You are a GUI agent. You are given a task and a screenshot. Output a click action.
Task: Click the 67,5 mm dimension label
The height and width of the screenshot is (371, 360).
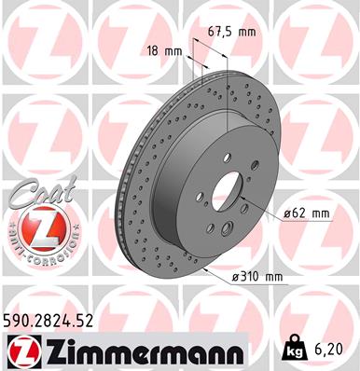(230, 32)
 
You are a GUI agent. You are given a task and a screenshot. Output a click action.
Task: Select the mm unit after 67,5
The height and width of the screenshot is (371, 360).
(246, 32)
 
